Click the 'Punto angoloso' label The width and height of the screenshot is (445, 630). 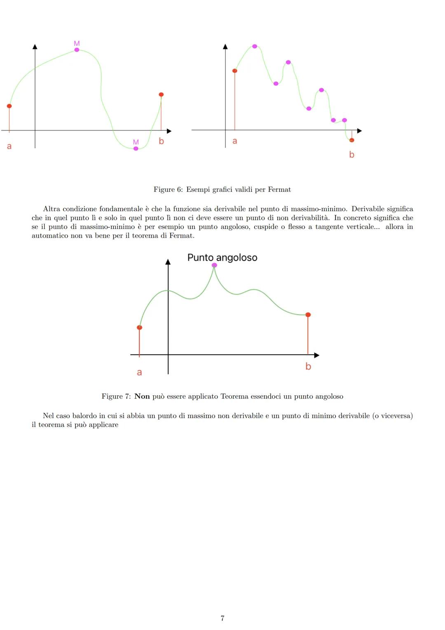(x=222, y=257)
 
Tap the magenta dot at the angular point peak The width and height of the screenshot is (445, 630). (x=214, y=265)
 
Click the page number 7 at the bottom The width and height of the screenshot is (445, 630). (x=222, y=618)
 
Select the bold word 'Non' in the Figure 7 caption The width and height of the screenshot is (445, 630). (x=142, y=396)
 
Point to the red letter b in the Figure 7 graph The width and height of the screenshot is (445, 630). (x=308, y=366)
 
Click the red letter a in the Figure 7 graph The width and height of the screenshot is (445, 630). (x=139, y=372)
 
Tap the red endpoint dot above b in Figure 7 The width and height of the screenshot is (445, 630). (x=308, y=315)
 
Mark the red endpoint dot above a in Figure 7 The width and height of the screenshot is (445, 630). (x=139, y=328)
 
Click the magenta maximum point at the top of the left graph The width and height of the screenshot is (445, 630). (x=77, y=50)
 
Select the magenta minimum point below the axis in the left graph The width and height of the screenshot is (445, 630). (x=136, y=149)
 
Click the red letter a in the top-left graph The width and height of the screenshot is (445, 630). (x=9, y=146)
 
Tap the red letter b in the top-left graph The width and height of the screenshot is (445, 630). (x=161, y=141)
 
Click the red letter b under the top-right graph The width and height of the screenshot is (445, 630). (x=351, y=155)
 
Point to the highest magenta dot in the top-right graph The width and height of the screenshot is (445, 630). (x=255, y=46)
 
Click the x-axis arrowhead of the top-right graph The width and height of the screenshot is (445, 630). (x=359, y=131)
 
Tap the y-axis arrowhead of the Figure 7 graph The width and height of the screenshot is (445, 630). (x=168, y=262)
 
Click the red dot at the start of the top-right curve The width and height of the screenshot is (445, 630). (x=235, y=71)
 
